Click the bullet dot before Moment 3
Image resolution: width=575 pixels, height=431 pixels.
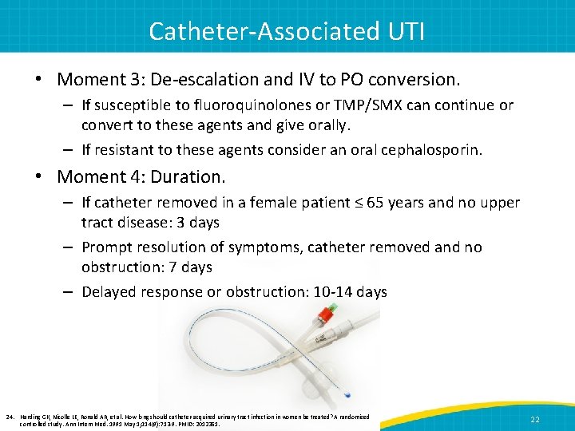click(x=39, y=80)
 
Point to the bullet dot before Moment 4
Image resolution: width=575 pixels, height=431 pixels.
click(x=39, y=176)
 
